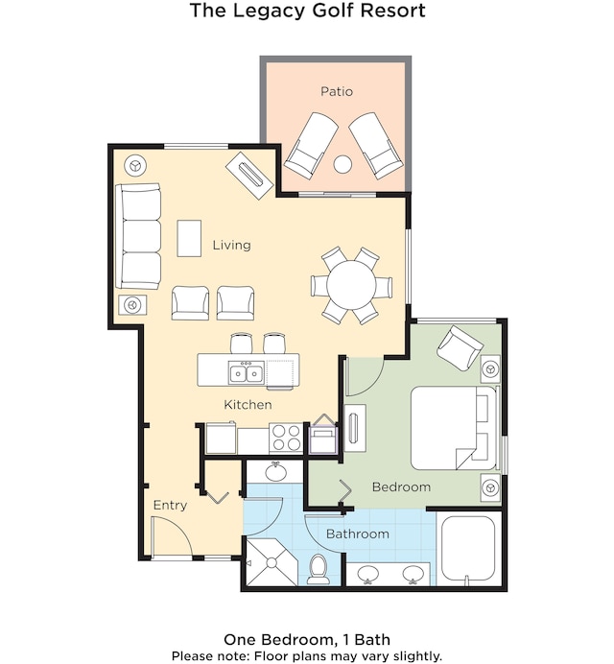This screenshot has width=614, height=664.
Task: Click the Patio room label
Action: click(337, 91)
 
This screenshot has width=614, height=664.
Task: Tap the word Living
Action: click(231, 245)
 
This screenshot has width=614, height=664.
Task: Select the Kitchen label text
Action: click(248, 404)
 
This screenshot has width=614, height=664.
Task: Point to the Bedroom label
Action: click(401, 486)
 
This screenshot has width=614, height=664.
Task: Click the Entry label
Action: click(170, 506)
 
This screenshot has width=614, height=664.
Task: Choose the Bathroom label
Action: click(358, 534)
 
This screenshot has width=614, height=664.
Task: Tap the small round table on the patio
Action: click(342, 164)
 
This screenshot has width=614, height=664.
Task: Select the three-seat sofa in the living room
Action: click(138, 237)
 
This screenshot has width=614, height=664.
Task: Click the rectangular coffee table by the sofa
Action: click(189, 238)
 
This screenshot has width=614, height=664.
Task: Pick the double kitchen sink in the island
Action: click(246, 372)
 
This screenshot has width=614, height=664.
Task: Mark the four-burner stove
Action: click(286, 438)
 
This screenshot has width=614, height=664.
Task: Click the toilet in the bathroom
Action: click(319, 569)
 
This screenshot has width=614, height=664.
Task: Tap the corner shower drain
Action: click(271, 563)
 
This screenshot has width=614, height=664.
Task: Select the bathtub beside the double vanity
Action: click(468, 548)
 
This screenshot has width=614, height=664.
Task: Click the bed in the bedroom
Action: click(454, 427)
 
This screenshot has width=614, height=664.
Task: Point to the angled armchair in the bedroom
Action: click(460, 347)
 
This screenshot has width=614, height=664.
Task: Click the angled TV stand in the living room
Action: click(249, 175)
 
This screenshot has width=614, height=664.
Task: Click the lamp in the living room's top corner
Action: click(135, 165)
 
